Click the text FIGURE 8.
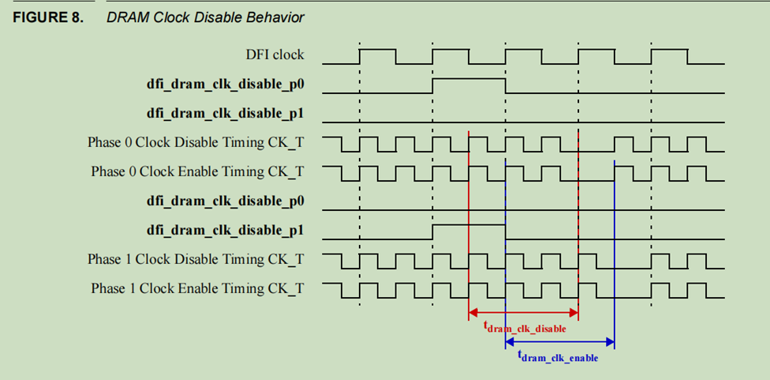pos(47,17)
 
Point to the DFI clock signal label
pos(275,55)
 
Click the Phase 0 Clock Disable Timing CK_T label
pos(196,143)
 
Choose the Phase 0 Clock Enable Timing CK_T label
pos(197,171)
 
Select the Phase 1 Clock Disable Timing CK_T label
pos(196,259)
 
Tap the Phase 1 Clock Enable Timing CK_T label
pos(197,288)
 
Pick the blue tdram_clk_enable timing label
pos(558,357)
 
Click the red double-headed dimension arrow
pos(524,314)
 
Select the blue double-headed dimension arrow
pos(559,342)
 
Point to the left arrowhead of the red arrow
pos(473,314)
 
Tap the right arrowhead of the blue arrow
pos(610,342)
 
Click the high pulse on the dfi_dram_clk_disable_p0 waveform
pos(469,80)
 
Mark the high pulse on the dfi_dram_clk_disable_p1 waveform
pos(469,226)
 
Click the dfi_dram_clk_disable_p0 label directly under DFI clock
pos(226,85)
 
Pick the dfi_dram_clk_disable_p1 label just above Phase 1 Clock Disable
pos(226,231)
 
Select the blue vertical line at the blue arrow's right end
pos(614,253)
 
